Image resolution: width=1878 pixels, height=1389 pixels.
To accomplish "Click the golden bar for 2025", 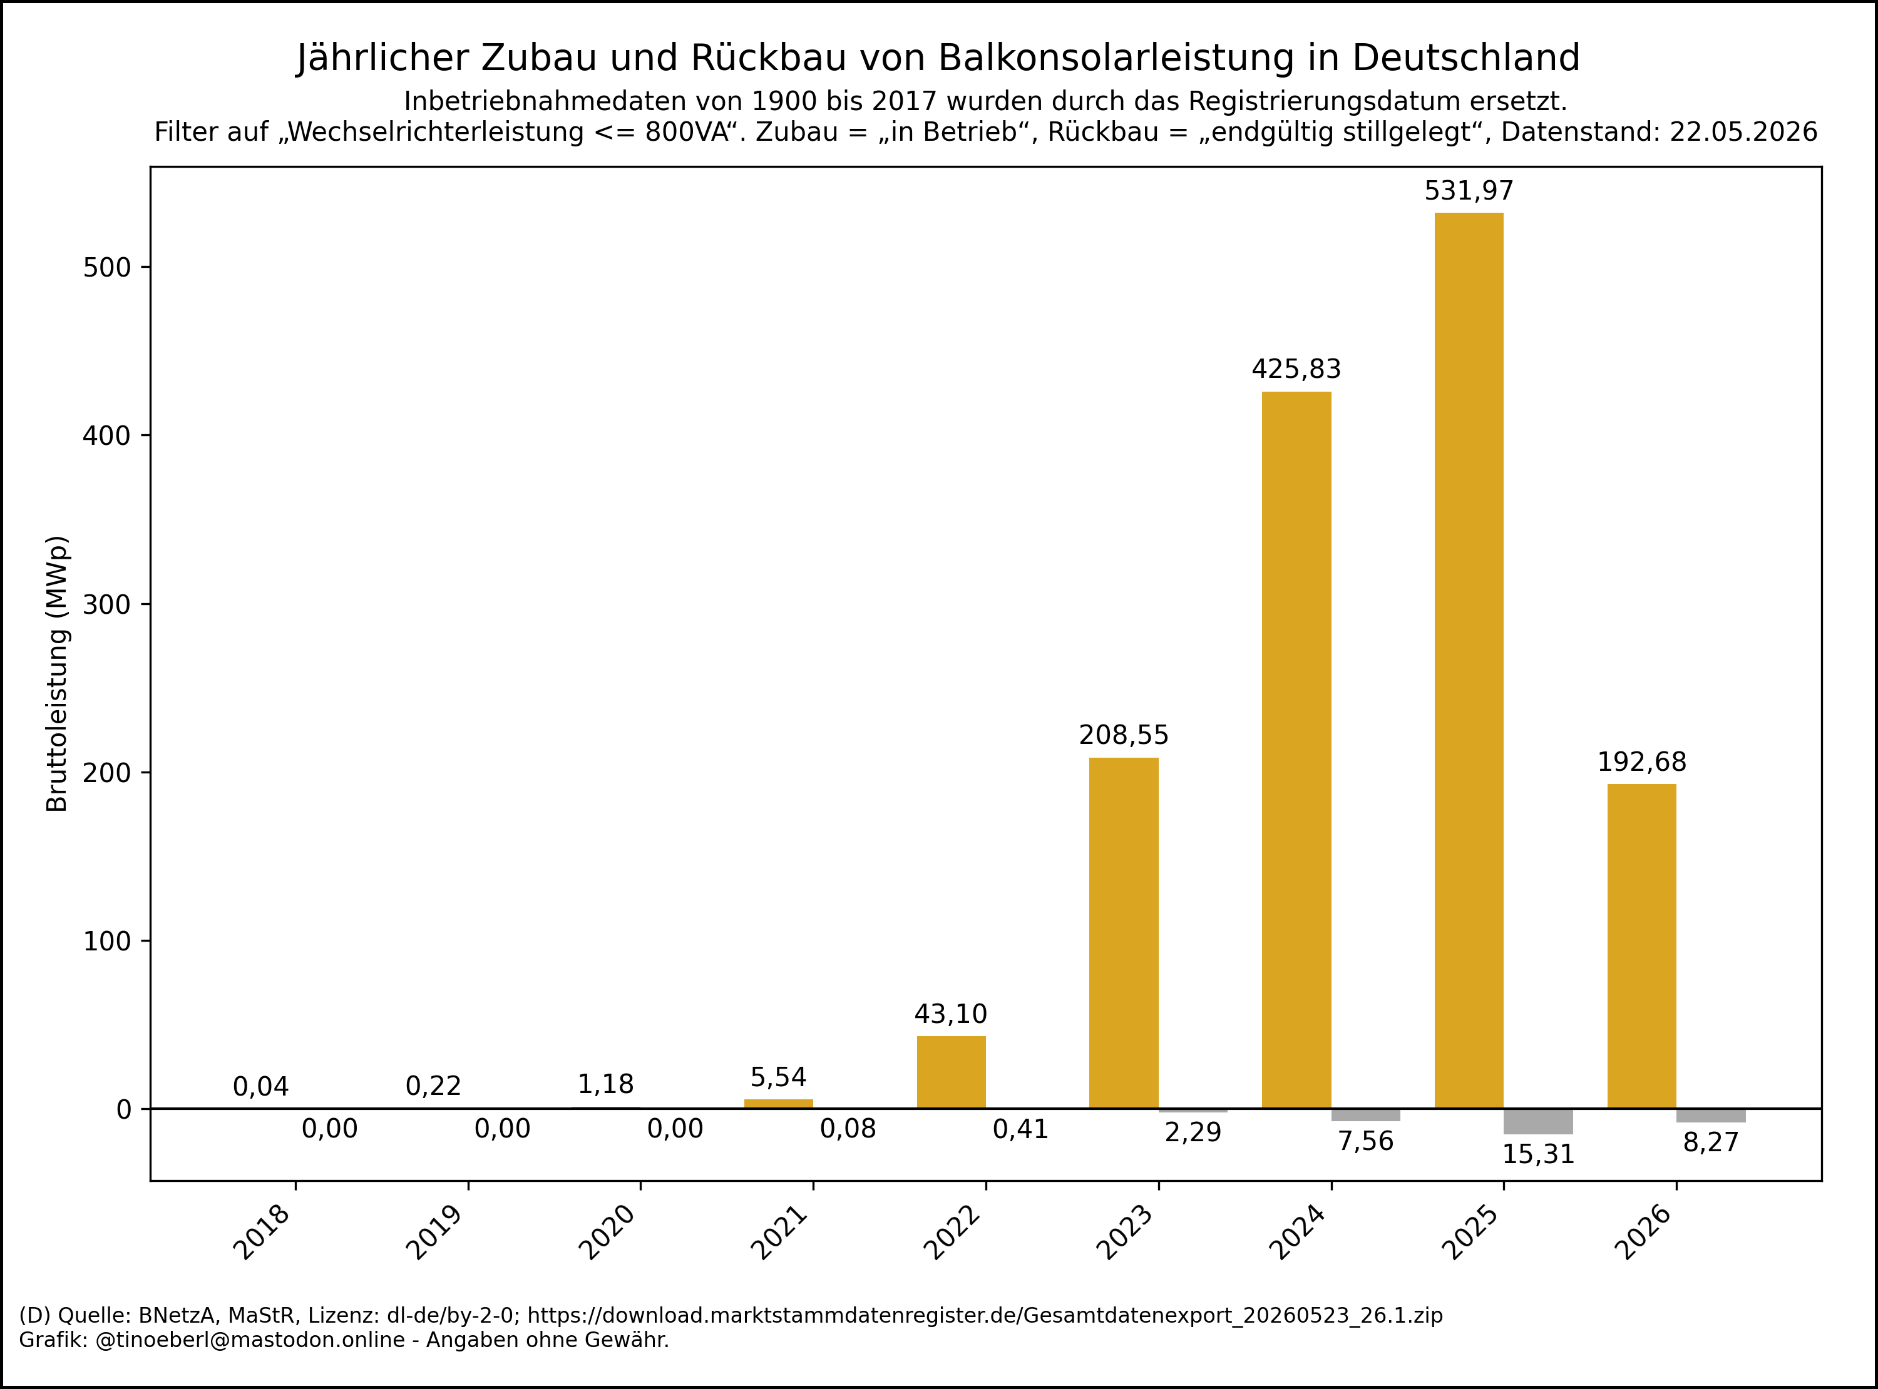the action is point(1469,660).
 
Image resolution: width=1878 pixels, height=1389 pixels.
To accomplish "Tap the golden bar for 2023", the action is point(1124,934).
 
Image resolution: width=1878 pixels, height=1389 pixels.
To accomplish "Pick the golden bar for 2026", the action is point(1641,946).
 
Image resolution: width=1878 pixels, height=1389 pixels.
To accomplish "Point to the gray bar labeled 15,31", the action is point(1538,1122).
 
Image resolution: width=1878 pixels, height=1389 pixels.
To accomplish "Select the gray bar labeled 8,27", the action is point(1711,1116).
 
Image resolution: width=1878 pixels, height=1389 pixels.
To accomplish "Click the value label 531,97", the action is point(1469,191).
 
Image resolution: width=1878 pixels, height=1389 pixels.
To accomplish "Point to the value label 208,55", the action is point(1124,736).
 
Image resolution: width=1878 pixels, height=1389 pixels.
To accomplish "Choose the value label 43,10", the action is point(950,1014).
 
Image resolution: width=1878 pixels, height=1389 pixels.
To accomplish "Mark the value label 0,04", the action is point(260,1087).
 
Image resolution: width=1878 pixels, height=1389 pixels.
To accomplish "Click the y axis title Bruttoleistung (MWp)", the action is point(56,673).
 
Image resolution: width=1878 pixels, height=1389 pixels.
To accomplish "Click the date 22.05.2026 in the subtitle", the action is point(1743,132).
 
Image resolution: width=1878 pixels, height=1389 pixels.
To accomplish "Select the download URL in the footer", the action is point(985,1315).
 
